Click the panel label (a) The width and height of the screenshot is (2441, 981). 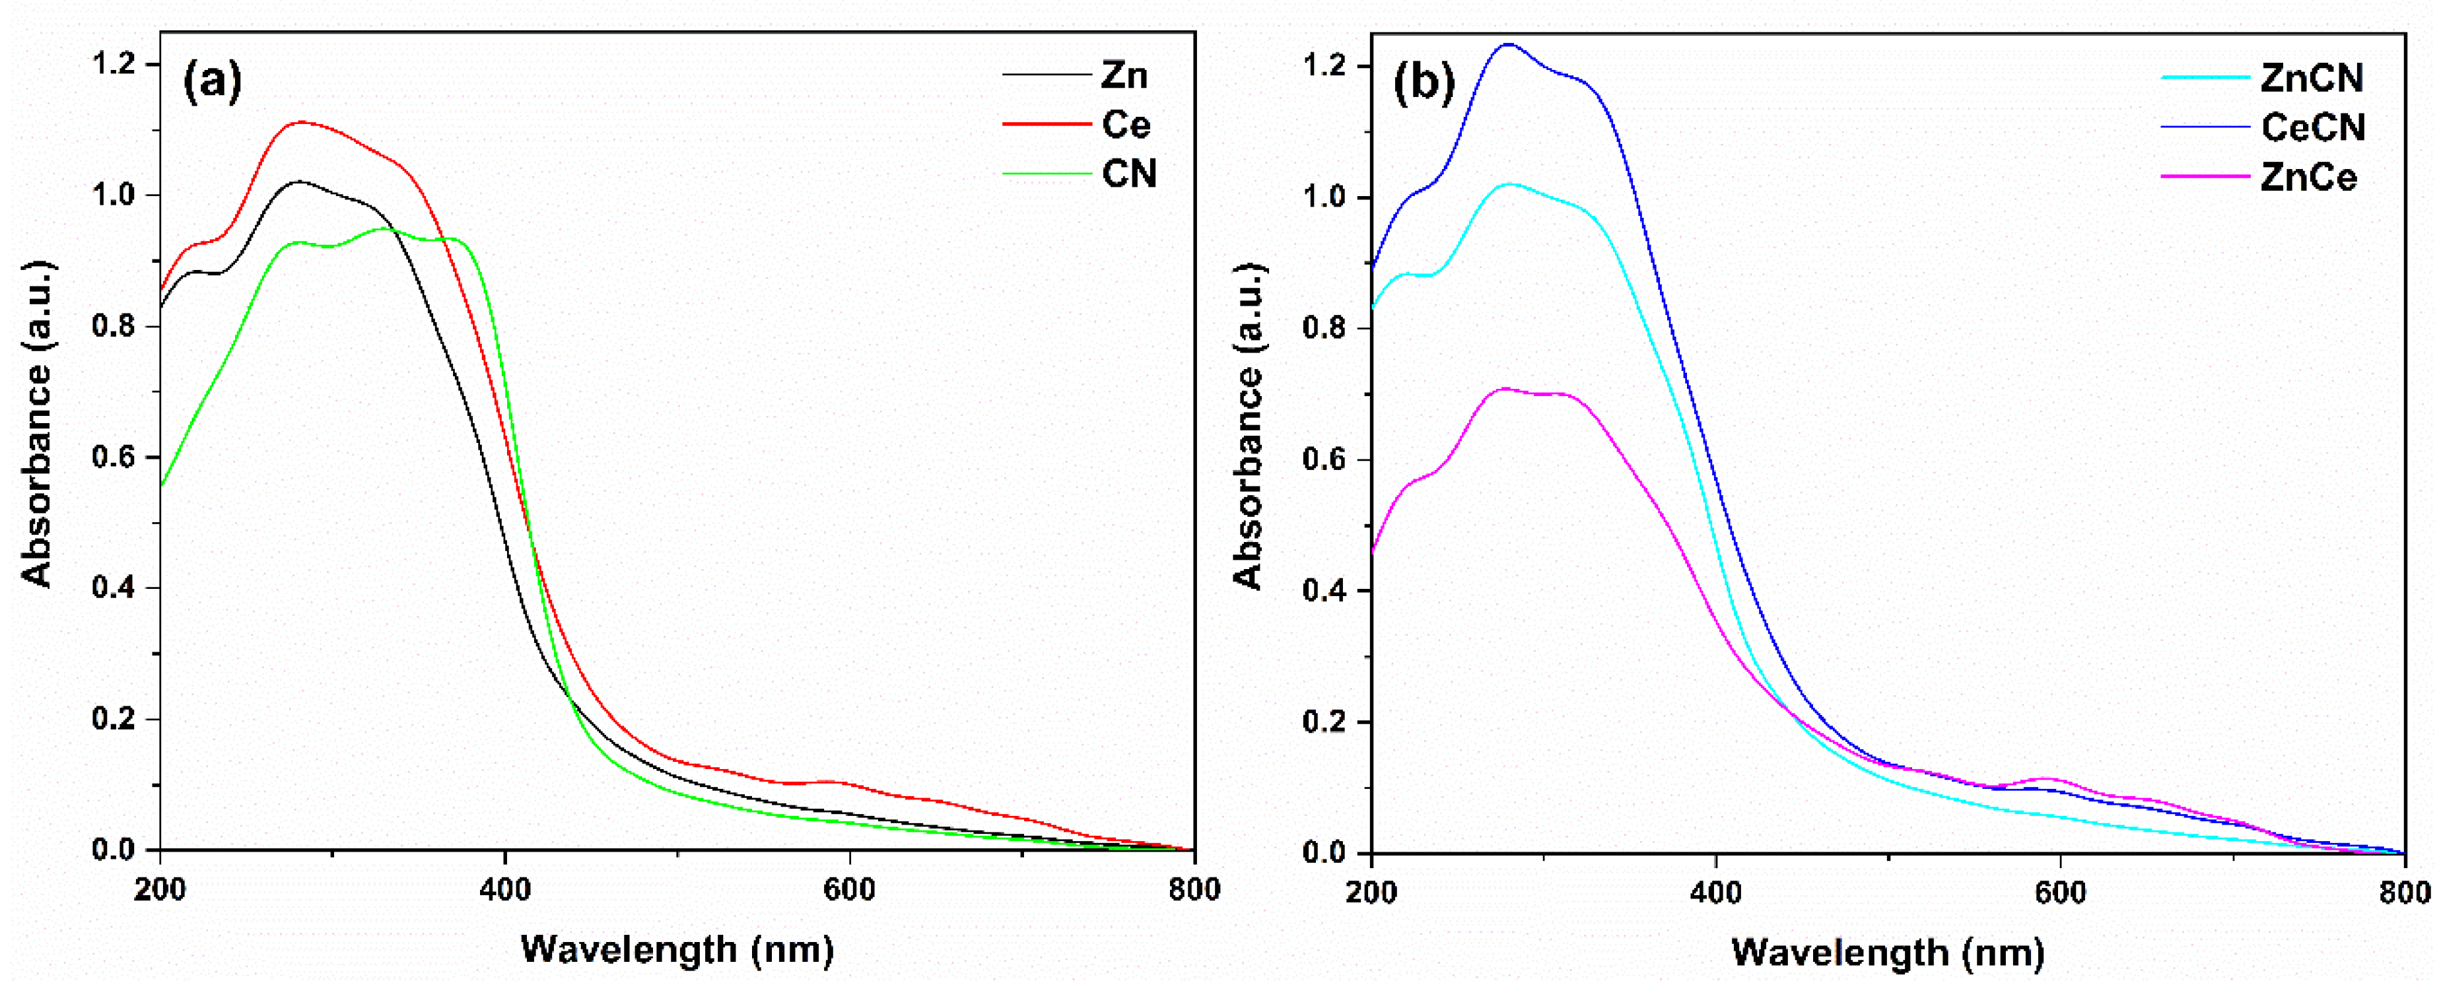212,81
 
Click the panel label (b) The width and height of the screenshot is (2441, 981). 1424,83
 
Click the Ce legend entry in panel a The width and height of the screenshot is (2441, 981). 1126,124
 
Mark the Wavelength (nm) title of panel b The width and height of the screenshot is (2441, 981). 1888,951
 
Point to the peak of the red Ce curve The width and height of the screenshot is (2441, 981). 301,121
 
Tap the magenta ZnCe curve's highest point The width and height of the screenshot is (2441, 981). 1504,389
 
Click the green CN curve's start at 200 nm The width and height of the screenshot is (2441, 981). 162,485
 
